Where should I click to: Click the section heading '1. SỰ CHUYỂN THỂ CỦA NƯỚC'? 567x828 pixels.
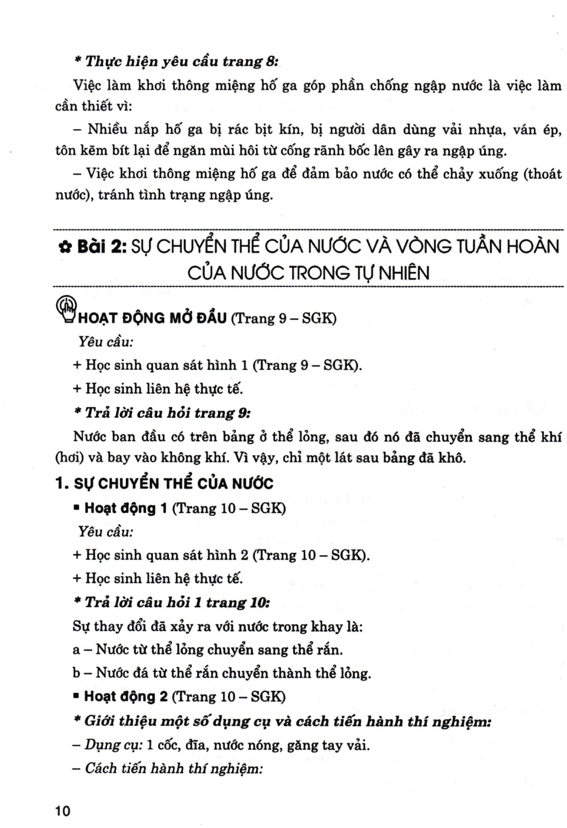[x=165, y=484]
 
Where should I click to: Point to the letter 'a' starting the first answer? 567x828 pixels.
[x=76, y=650]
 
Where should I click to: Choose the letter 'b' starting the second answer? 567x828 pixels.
[x=76, y=673]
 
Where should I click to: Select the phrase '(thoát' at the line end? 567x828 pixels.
[x=542, y=174]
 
